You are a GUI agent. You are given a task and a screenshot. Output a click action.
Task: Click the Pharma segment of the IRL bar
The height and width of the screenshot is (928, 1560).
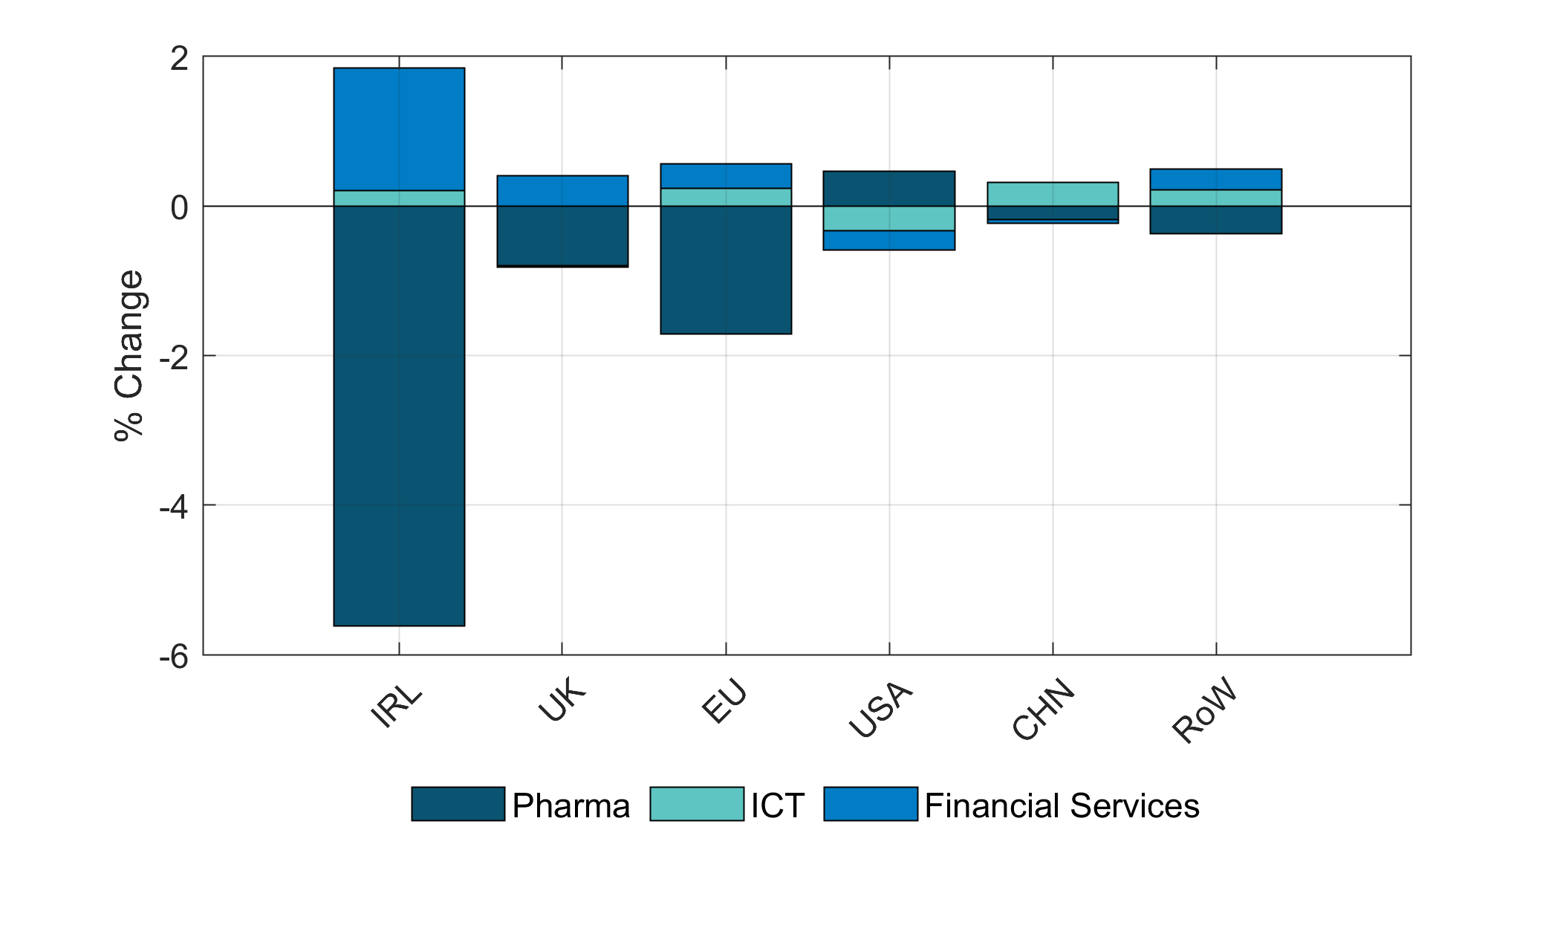pyautogui.click(x=399, y=415)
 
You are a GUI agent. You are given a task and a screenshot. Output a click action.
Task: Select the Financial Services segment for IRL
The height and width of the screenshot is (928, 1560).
pyautogui.click(x=399, y=129)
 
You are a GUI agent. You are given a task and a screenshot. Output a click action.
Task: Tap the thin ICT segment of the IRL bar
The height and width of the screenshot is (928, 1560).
pyautogui.click(x=399, y=198)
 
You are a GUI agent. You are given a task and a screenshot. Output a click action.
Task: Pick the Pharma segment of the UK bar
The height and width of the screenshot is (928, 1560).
pyautogui.click(x=562, y=236)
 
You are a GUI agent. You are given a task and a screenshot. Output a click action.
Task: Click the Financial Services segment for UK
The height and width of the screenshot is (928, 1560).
pyautogui.click(x=562, y=191)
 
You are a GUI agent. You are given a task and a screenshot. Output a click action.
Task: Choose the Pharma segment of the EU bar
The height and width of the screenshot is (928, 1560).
pyautogui.click(x=726, y=270)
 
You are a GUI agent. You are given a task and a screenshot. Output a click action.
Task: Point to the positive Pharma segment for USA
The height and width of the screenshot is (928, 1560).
pyautogui.click(x=889, y=189)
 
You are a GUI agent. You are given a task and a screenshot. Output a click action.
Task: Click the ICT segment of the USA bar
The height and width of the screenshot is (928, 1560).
pyautogui.click(x=889, y=218)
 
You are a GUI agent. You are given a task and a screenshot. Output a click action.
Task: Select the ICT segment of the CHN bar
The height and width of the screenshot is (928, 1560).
pyautogui.click(x=1053, y=194)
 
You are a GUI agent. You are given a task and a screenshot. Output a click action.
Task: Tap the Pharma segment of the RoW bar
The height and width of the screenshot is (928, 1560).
pyautogui.click(x=1216, y=220)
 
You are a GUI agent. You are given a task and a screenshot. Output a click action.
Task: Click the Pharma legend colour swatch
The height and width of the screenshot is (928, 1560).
pyautogui.click(x=458, y=804)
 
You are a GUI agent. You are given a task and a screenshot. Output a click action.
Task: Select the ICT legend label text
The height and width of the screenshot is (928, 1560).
pyautogui.click(x=777, y=806)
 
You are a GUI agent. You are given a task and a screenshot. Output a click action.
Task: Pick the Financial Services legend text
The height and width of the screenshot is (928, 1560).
pyautogui.click(x=1062, y=806)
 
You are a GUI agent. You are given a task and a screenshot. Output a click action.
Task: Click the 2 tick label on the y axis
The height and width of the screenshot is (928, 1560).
pyautogui.click(x=179, y=58)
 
